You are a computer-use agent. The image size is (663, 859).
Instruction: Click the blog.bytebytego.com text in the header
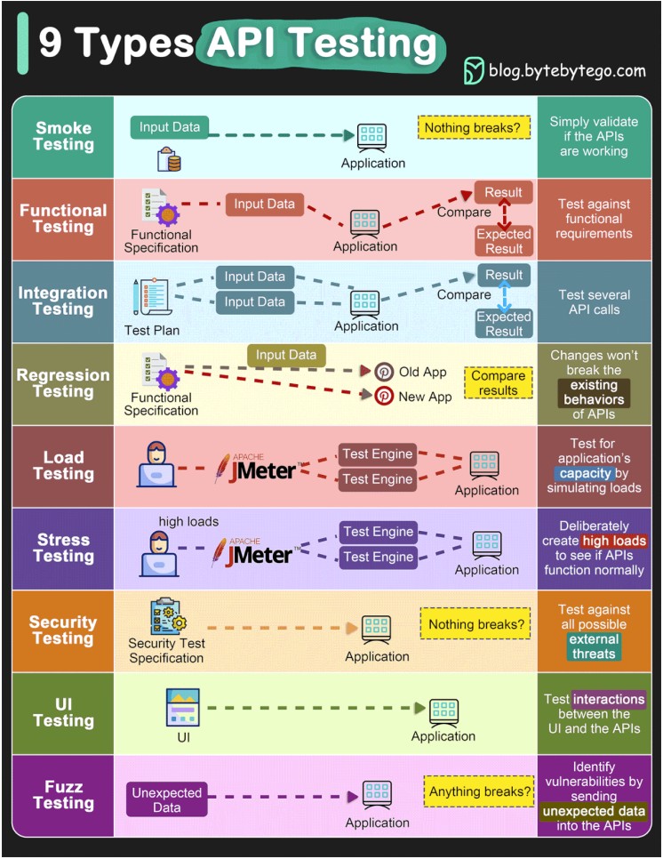tap(567, 70)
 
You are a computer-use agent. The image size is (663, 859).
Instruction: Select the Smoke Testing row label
tap(63, 136)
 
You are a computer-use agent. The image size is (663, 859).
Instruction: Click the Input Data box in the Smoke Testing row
tap(170, 127)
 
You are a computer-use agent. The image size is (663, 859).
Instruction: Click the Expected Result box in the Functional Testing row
tap(504, 241)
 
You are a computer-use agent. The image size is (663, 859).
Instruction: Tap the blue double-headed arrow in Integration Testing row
tap(504, 295)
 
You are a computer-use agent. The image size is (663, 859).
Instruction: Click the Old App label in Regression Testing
tap(422, 372)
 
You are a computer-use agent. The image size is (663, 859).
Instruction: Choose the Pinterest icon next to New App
tap(385, 397)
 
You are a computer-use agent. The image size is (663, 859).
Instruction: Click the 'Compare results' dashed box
tap(499, 382)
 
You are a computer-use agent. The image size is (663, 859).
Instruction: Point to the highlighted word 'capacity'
tap(585, 474)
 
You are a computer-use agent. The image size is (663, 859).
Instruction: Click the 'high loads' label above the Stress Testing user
tap(188, 521)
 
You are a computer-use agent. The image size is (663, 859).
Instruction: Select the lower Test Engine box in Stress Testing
tap(378, 558)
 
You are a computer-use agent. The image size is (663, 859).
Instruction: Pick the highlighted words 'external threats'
tap(594, 646)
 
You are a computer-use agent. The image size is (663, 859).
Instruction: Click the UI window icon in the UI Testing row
tap(183, 707)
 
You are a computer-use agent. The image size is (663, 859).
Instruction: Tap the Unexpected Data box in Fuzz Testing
tap(167, 799)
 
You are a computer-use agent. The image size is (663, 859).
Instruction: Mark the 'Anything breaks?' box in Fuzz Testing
tap(481, 791)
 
